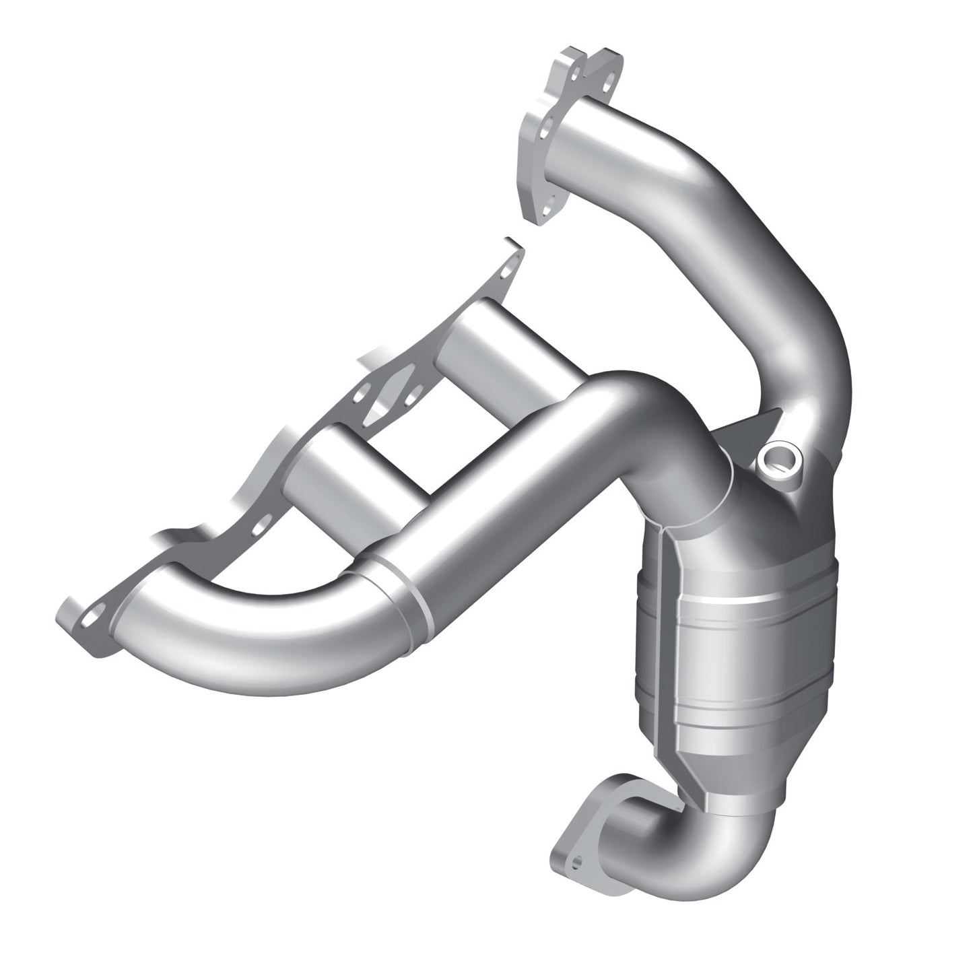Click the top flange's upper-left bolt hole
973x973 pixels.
click(x=573, y=69)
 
